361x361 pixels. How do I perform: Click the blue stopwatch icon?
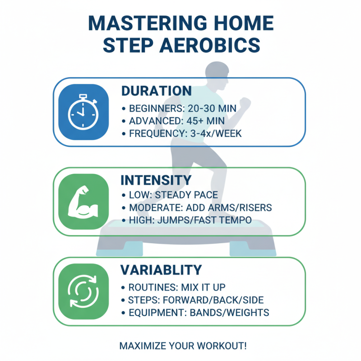tap(82, 111)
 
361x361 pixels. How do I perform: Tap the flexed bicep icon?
tap(82, 201)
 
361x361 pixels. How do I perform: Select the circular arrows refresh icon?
tap(82, 291)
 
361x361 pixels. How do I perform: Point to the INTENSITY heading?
tap(156, 180)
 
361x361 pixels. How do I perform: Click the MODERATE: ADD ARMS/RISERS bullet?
tap(198, 208)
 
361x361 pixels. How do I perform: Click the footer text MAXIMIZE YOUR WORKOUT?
tap(183, 346)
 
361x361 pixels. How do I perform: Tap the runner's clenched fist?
tap(245, 103)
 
